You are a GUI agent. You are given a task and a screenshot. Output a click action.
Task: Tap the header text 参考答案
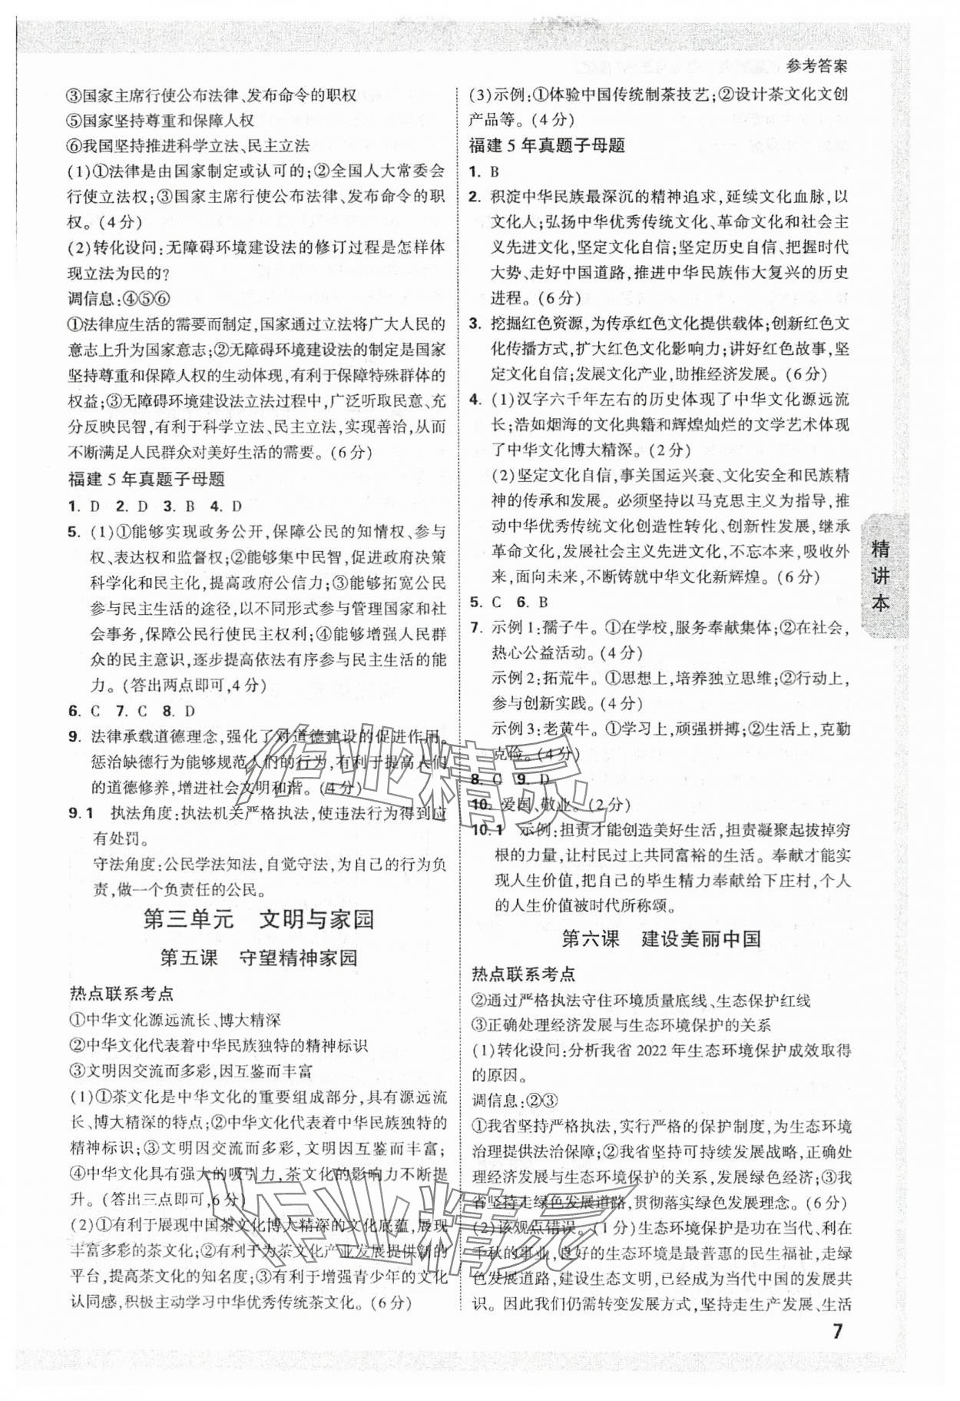pos(818,66)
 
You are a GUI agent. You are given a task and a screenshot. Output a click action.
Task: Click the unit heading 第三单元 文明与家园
pos(258,920)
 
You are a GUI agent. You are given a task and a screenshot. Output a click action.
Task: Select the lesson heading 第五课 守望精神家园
pos(258,958)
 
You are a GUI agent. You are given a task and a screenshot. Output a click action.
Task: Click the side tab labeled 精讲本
pos(882,576)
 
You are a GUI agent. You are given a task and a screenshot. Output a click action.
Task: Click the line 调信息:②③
pos(514,1101)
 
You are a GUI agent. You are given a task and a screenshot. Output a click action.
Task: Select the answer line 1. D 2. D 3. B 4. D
pos(155,506)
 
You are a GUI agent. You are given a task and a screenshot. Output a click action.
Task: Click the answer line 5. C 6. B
pos(508,603)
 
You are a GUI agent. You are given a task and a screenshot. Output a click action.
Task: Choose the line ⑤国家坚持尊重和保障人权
pos(161,121)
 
